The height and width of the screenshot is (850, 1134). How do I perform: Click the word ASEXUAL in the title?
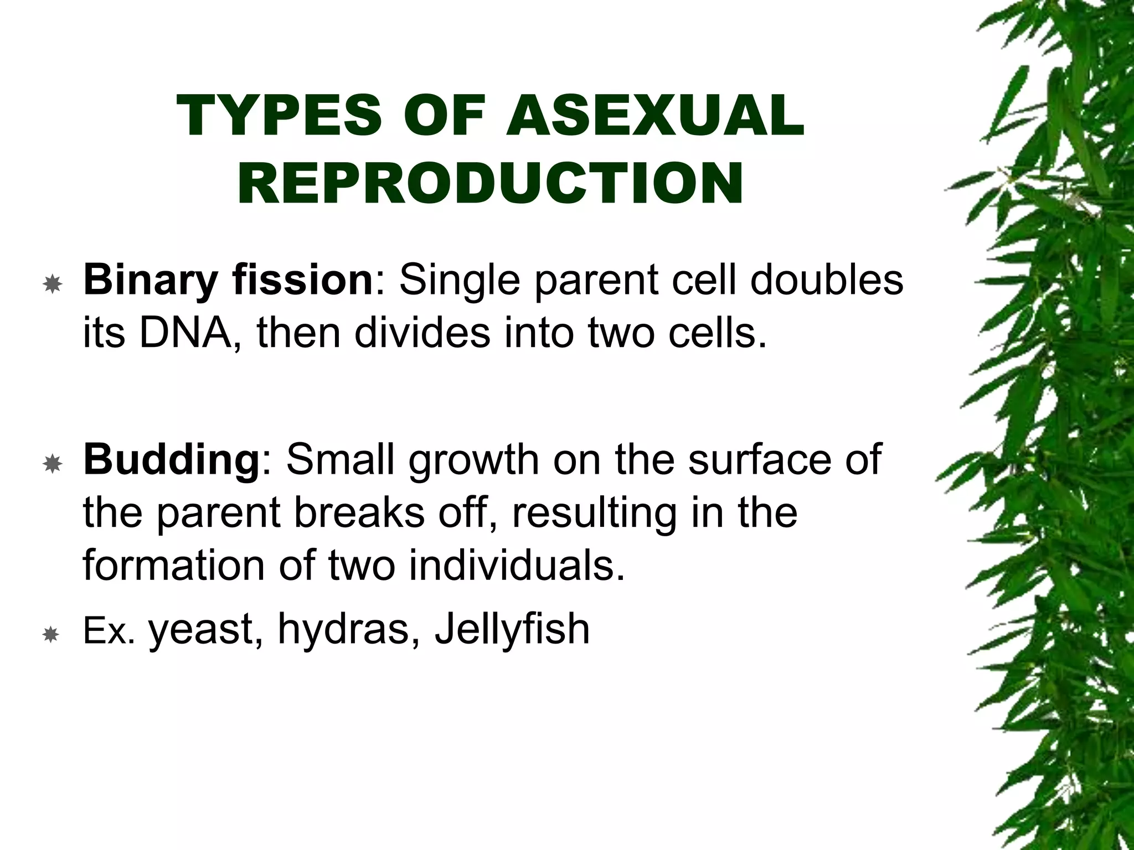point(654,116)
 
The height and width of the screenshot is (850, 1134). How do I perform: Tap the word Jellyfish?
point(512,630)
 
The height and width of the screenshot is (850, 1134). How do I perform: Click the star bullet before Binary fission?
point(53,285)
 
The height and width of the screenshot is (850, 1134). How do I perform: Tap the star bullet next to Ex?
point(51,634)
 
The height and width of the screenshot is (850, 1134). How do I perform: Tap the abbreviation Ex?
point(109,631)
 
